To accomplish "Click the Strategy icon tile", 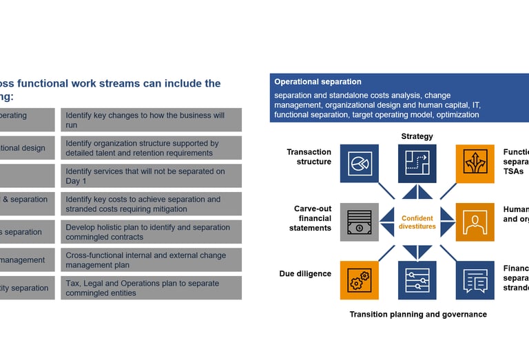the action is point(417,163).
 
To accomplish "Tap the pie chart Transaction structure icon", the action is point(359,163).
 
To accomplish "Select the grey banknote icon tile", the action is point(359,222).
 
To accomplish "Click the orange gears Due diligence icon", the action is point(359,279).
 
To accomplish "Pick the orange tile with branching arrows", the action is point(475,163).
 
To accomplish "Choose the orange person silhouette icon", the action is point(475,222).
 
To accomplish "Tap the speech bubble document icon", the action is point(475,279).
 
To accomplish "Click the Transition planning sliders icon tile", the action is point(417,279).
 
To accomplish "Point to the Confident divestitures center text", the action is point(417,222).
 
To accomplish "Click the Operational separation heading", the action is point(318,81).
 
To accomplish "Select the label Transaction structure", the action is point(309,157).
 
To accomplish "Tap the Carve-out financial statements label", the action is point(313,218).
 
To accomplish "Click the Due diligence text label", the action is point(305,274).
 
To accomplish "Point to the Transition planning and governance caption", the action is point(418,315).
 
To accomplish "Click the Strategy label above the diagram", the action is point(417,136).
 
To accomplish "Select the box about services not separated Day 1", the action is point(151,176).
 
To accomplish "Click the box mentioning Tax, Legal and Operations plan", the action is point(151,288).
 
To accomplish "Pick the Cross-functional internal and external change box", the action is point(151,260).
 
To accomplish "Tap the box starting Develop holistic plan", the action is point(151,232).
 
